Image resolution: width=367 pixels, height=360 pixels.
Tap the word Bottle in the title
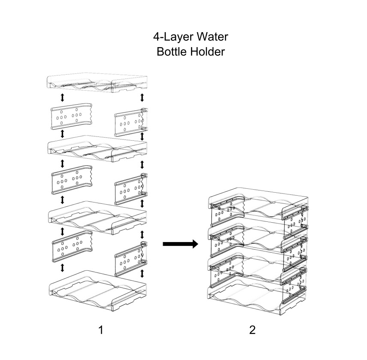172,51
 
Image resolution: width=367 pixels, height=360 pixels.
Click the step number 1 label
101,330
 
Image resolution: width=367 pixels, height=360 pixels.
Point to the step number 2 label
252,330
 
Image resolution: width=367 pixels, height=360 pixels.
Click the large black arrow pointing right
180,244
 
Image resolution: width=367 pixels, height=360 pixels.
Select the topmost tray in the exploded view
97,84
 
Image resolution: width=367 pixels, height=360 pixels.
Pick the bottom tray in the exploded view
97,292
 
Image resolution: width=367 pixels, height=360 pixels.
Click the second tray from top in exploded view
97,149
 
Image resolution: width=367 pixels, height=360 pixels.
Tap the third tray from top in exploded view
97,218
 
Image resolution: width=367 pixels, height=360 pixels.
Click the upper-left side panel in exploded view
71,116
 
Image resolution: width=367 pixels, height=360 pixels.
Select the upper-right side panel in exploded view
131,122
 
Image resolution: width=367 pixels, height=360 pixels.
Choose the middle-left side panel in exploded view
72,180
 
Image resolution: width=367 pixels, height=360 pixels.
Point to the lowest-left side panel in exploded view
72,246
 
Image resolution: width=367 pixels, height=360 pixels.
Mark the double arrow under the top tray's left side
62,97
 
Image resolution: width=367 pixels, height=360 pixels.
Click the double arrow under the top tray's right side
142,97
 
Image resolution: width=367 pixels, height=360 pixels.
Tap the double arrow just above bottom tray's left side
62,268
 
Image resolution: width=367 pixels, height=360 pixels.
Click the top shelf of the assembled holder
258,201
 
